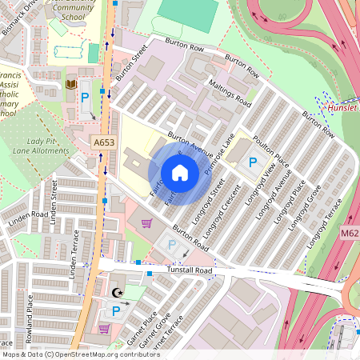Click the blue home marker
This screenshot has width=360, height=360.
pyautogui.click(x=180, y=172)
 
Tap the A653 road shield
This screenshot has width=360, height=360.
pyautogui.click(x=102, y=143)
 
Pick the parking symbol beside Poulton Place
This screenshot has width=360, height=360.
pyautogui.click(x=253, y=162)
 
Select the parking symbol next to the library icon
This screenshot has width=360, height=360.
pyautogui.click(x=86, y=99)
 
